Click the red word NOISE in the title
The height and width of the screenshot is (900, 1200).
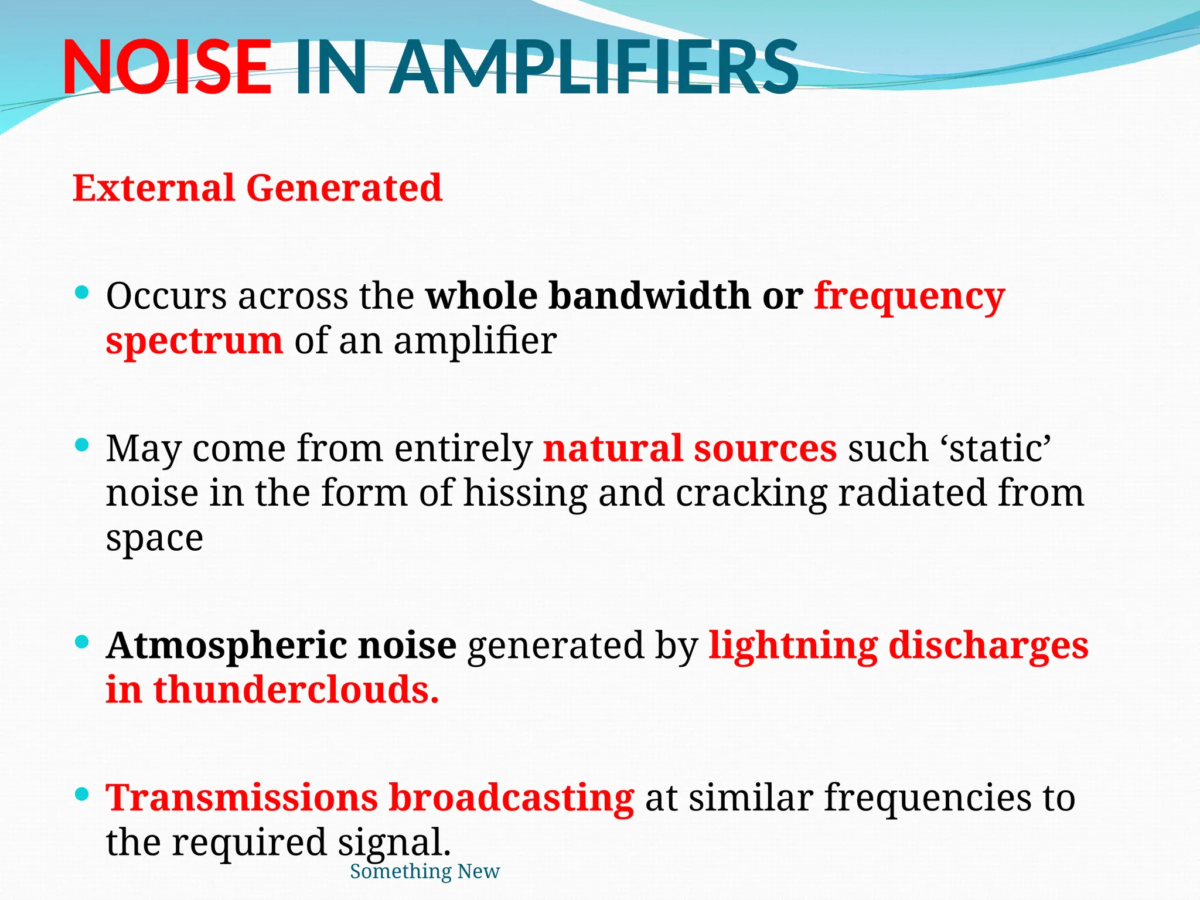tap(167, 67)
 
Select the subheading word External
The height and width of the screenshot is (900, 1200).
tap(153, 188)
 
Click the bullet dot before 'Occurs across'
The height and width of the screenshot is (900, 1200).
tap(82, 292)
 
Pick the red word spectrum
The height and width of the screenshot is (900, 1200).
tap(194, 341)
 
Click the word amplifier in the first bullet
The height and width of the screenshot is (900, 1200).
tap(475, 341)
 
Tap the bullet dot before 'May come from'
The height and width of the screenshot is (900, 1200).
tap(82, 445)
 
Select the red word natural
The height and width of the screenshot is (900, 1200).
tap(612, 449)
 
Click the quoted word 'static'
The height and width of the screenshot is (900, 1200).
tap(996, 449)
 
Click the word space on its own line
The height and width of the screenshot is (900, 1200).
tap(154, 538)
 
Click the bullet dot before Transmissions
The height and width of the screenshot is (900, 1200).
tap(82, 795)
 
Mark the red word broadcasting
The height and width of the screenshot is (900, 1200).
tap(511, 798)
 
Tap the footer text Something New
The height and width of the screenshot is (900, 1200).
tap(425, 871)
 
